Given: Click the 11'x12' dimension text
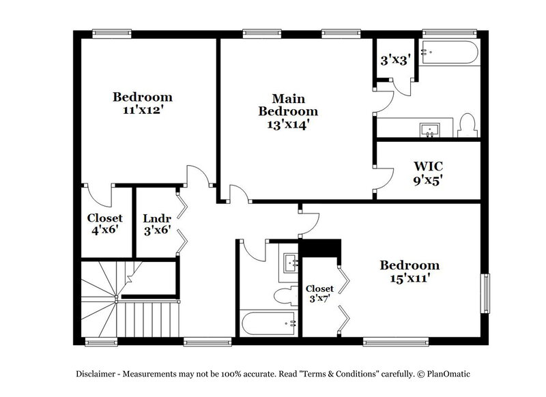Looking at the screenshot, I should pos(142,109).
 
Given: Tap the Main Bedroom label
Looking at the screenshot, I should pos(287,104).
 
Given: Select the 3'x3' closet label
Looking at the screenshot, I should pos(394,60).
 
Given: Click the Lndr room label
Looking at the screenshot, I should pos(156,218).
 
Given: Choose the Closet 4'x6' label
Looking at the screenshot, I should pos(104,224).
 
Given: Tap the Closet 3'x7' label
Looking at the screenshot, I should pos(319,294).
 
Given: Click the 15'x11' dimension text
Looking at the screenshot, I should pos(409,278).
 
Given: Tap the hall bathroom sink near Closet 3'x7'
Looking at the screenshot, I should pos(291,263).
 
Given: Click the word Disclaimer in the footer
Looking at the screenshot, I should pos(98,374).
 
